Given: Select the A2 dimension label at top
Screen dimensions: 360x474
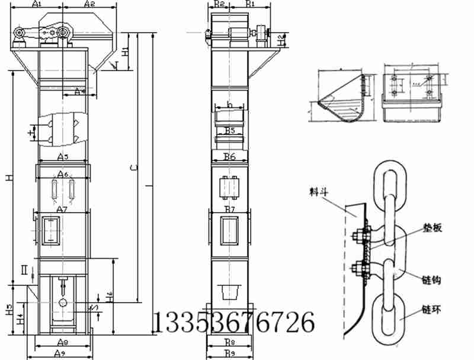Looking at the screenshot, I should pyautogui.click(x=90, y=4).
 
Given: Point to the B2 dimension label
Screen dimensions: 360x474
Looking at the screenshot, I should pyautogui.click(x=219, y=4).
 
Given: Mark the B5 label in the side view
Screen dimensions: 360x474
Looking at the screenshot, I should pyautogui.click(x=230, y=130).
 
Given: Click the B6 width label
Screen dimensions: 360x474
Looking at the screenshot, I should pyautogui.click(x=230, y=157).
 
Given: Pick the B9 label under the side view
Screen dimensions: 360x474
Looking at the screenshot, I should pyautogui.click(x=229, y=353).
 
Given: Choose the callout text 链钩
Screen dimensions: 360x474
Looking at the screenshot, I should pyautogui.click(x=430, y=279).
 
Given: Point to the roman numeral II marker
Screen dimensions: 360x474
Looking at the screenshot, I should pyautogui.click(x=24, y=271).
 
